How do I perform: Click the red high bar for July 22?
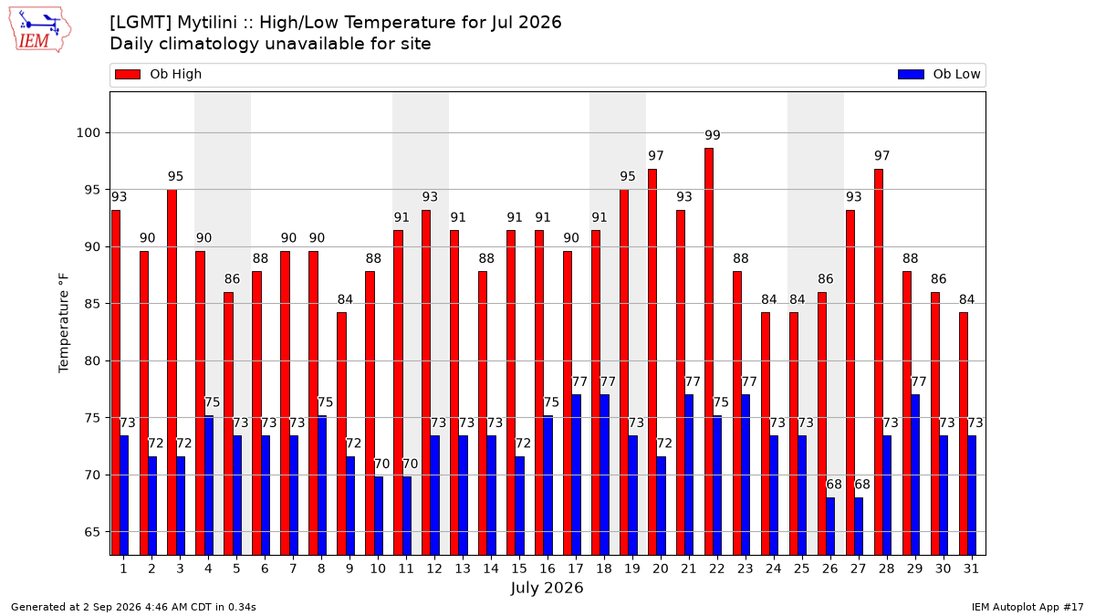pyautogui.click(x=709, y=351)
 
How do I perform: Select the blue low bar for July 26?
pyautogui.click(x=830, y=527)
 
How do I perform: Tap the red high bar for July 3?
pyautogui.click(x=172, y=372)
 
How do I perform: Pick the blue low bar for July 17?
pyautogui.click(x=577, y=475)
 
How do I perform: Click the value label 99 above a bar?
pyautogui.click(x=713, y=135)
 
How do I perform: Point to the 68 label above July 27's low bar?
pyautogui.click(x=861, y=485)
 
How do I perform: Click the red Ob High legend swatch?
pyautogui.click(x=128, y=74)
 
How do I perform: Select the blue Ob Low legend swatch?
pyautogui.click(x=911, y=74)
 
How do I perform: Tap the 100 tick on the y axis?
pyautogui.click(x=88, y=133)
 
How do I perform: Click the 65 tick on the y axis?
pyautogui.click(x=92, y=532)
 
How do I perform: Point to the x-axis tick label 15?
pyautogui.click(x=519, y=569)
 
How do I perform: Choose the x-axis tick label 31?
pyautogui.click(x=971, y=569)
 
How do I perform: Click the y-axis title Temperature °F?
pyautogui.click(x=64, y=323)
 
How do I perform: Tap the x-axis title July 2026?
pyautogui.click(x=547, y=588)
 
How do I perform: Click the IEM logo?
pyautogui.click(x=39, y=30)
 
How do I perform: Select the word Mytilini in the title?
pyautogui.click(x=207, y=23)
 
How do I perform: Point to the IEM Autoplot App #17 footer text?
pyautogui.click(x=1027, y=607)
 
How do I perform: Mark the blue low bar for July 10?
pyautogui.click(x=379, y=516)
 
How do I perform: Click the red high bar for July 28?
pyautogui.click(x=879, y=362)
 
